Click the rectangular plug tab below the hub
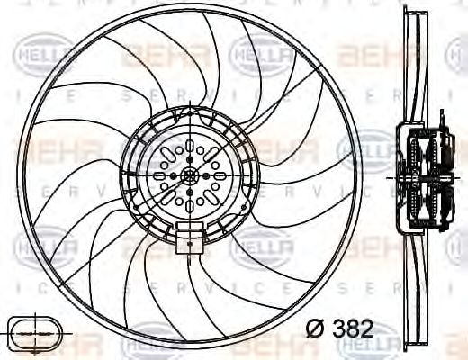189,240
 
